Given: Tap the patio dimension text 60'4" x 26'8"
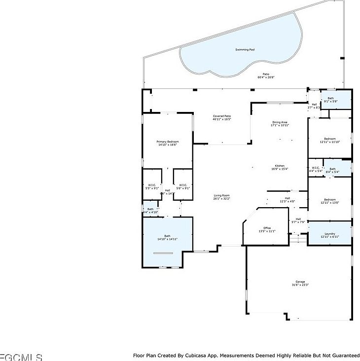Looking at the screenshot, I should click(266, 77).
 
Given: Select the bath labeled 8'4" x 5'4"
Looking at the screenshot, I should click(332, 170).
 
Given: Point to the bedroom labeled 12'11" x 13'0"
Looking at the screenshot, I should click(330, 201).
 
